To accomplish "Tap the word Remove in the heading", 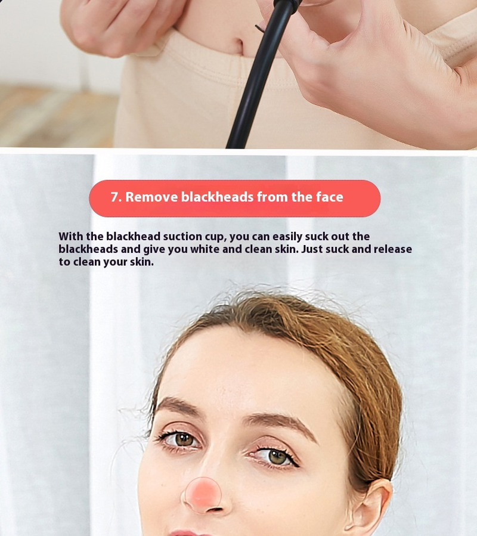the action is (x=151, y=197).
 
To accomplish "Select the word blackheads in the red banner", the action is (x=217, y=197).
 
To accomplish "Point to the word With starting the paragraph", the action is (x=71, y=236).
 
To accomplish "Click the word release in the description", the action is (x=392, y=249).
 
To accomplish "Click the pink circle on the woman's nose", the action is (x=203, y=495).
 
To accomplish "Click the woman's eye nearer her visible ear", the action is (x=275, y=457).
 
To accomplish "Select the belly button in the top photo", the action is (x=240, y=45).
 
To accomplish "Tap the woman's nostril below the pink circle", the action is (x=215, y=510).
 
